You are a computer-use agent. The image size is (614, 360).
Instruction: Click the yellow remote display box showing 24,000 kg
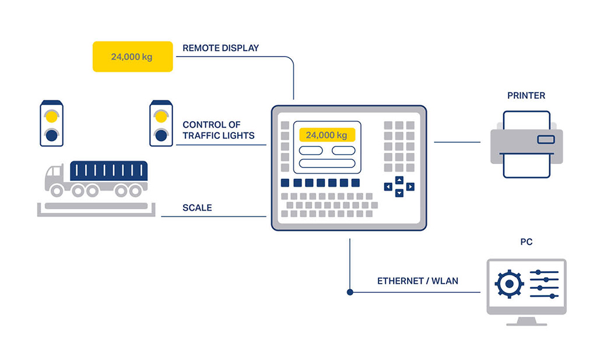pos(133,57)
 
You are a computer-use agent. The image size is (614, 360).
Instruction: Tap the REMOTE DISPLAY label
pos(220,48)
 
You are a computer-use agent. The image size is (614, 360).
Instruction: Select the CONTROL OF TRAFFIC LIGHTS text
pos(219,130)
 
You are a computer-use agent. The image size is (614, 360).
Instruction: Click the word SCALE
pos(197,208)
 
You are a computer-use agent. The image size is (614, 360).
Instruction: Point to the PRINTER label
pos(526,96)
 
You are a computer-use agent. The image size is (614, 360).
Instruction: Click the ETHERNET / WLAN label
pos(417,281)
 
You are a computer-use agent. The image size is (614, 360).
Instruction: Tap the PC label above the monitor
pos(526,242)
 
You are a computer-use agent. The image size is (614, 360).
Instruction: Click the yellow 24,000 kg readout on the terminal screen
pos(327,135)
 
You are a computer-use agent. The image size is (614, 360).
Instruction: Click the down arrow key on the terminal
pos(399,193)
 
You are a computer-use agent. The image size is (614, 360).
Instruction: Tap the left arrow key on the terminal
pos(388,187)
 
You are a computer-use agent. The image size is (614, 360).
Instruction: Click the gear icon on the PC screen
pos(509,284)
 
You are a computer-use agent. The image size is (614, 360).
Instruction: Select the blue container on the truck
pos(108,171)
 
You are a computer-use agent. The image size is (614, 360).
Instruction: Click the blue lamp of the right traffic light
pos(162,135)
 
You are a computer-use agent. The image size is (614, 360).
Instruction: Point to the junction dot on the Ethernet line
pos(350,292)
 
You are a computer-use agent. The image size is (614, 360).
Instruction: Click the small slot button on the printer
pos(546,139)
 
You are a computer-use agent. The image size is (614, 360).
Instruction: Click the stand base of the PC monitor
pos(527,323)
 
